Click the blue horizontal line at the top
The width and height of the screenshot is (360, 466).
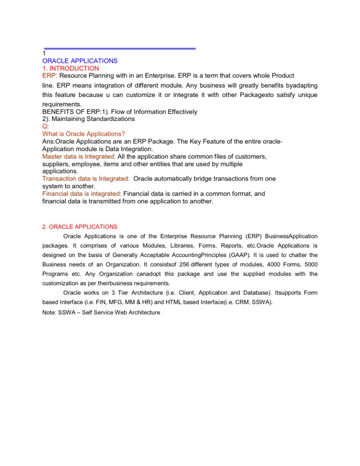(120, 48)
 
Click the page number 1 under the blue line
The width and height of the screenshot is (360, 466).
(44, 54)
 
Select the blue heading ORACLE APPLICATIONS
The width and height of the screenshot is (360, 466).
(80, 61)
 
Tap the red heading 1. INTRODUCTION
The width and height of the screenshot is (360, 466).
(70, 68)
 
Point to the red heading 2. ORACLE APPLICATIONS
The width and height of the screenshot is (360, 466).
(80, 226)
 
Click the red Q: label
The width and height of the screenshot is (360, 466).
(45, 126)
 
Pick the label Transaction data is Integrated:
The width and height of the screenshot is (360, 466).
(86, 179)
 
